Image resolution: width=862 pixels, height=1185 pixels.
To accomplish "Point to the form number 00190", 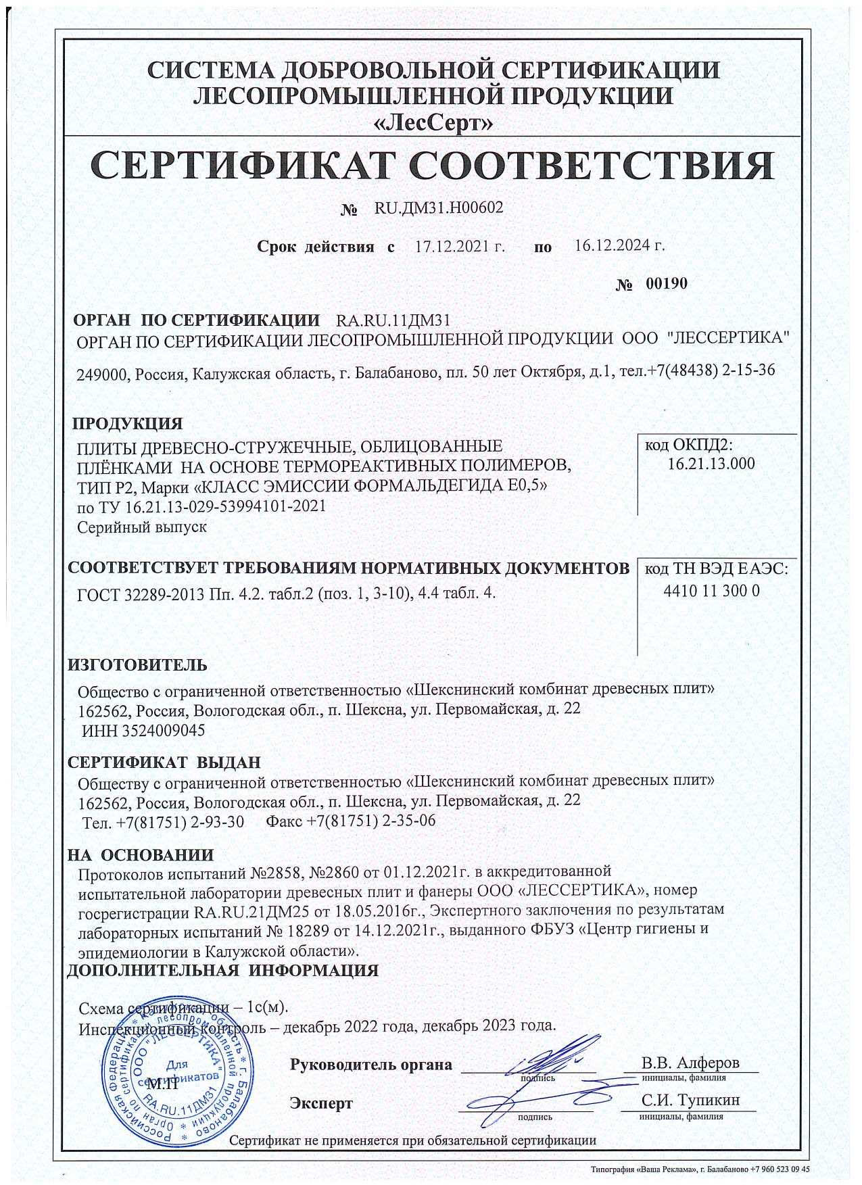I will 666,283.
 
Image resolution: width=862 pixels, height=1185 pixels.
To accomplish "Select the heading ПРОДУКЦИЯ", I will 128,424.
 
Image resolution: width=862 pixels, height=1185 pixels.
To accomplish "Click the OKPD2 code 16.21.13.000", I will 711,464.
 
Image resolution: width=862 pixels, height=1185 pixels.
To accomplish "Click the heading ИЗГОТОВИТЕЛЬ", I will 137,664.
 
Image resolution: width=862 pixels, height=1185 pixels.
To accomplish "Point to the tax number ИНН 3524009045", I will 143,731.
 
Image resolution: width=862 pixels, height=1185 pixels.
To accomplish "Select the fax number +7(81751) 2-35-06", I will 370,821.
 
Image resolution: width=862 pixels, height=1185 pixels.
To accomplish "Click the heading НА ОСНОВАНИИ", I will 141,854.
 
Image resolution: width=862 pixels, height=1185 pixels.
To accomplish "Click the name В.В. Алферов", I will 690,1062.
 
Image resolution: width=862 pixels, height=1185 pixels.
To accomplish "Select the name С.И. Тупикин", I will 690,1100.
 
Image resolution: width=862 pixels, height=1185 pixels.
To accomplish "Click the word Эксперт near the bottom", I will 321,1104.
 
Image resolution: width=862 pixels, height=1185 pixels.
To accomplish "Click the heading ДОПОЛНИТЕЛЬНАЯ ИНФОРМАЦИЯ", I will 222,971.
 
